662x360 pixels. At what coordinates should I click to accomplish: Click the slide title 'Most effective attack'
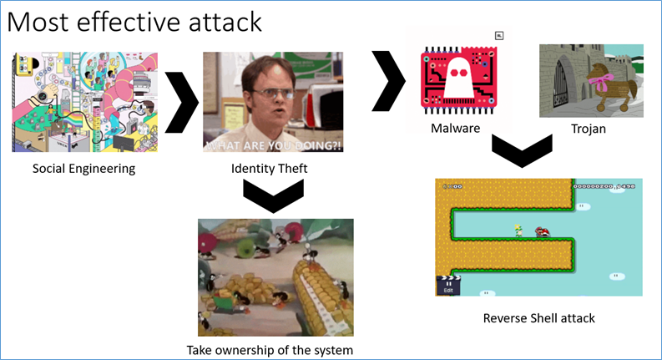[x=134, y=22]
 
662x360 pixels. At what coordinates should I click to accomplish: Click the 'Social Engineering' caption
[x=83, y=169]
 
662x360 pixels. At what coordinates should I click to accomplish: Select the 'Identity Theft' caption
[x=272, y=169]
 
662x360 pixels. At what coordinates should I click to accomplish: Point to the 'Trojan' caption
[x=590, y=129]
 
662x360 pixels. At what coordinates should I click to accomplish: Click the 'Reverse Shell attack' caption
[x=538, y=318]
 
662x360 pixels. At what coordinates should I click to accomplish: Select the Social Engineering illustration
[x=83, y=102]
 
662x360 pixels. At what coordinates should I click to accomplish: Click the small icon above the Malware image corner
[x=498, y=35]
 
